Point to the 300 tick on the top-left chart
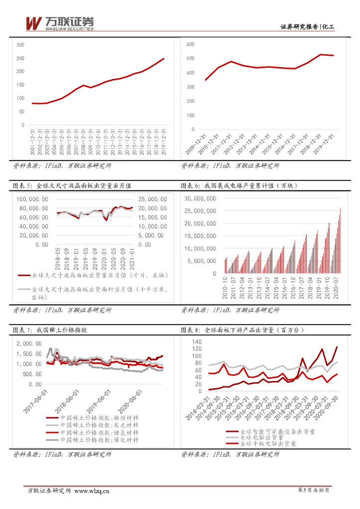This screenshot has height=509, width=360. (20, 45)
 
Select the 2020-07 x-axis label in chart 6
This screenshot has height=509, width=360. (334, 288)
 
